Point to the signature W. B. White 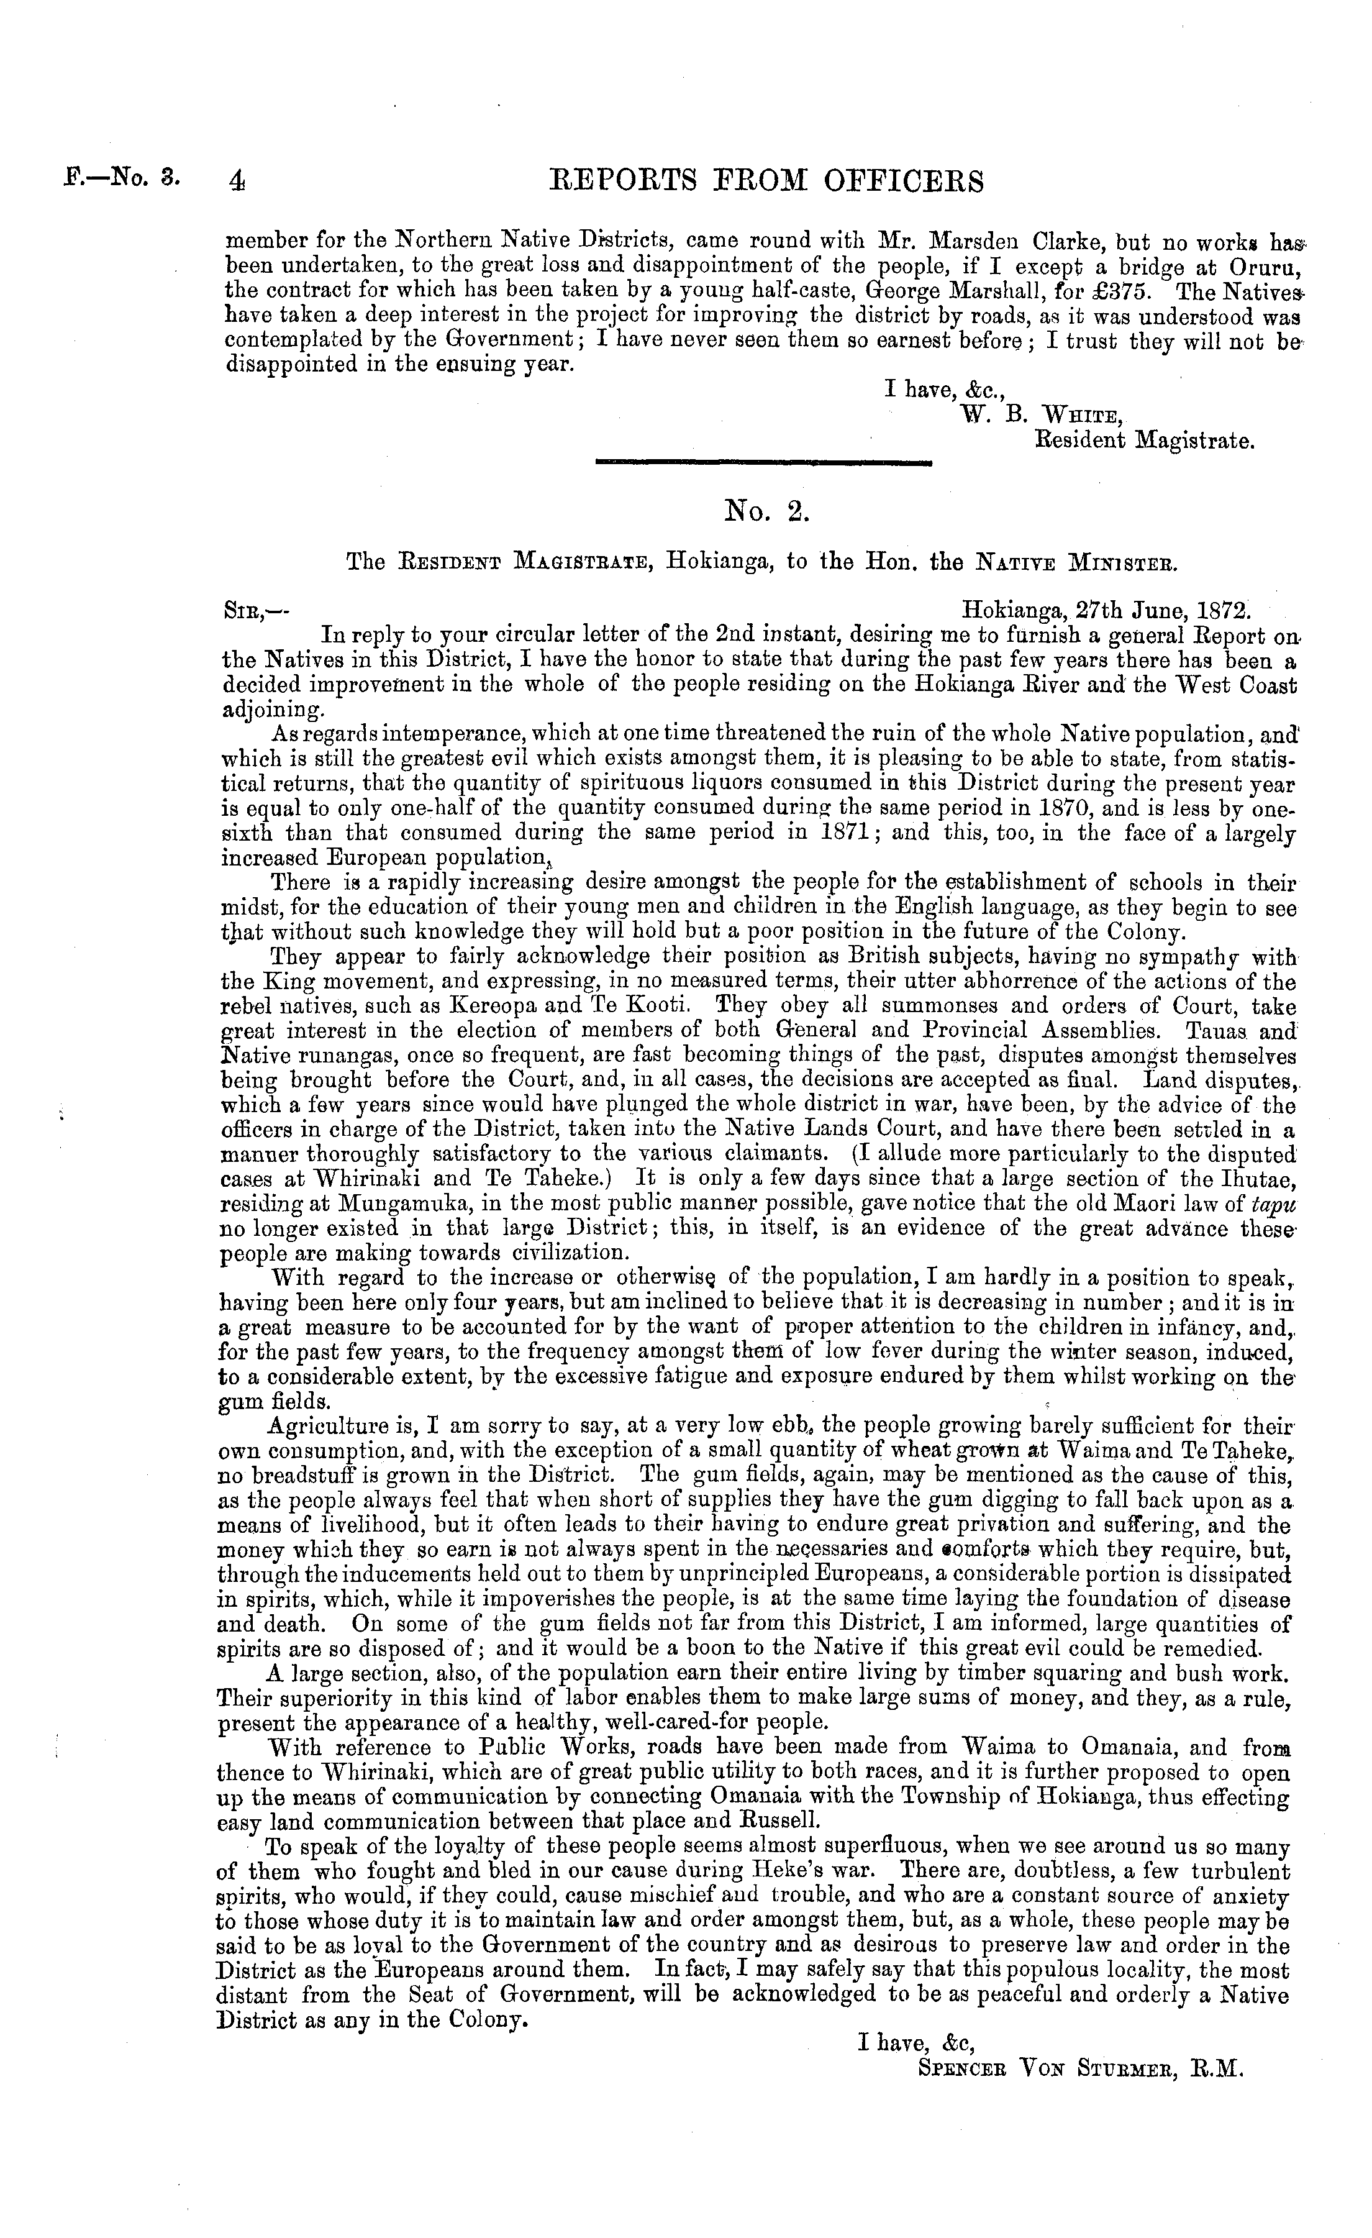1042,416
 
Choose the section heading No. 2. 765,513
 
